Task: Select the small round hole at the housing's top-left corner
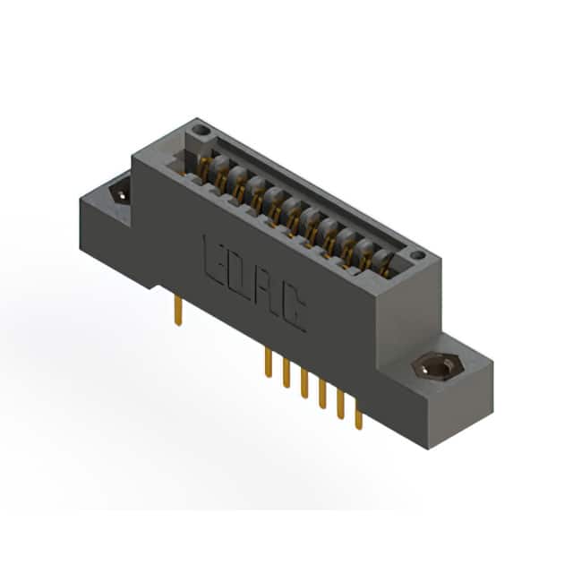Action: pos(200,130)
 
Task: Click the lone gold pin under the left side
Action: pos(178,310)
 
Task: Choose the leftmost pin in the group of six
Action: pos(269,363)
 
